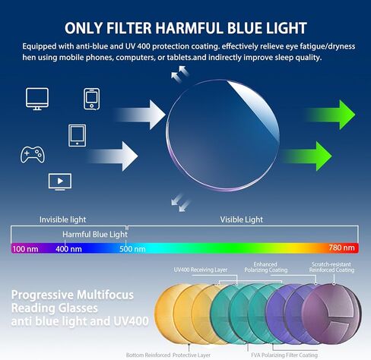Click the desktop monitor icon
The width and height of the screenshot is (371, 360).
click(37, 99)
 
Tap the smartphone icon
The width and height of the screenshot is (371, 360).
click(91, 99)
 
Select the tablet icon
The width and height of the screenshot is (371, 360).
click(77, 135)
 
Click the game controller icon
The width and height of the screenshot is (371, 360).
click(33, 154)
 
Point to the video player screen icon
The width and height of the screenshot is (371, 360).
click(60, 182)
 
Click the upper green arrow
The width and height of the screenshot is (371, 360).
click(331, 115)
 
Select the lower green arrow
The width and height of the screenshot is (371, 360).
click(306, 156)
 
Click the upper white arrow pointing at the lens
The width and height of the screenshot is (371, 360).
click(139, 115)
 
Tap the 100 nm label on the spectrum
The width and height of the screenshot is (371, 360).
click(25, 249)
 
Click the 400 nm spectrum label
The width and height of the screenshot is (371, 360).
click(68, 249)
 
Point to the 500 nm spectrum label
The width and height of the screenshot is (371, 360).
click(132, 249)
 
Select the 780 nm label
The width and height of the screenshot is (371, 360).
click(341, 248)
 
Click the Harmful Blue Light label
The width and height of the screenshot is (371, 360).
click(95, 235)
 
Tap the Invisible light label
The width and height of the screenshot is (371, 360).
click(62, 219)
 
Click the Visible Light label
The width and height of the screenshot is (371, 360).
click(241, 219)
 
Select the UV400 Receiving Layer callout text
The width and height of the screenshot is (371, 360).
click(201, 270)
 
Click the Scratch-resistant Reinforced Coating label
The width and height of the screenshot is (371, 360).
click(331, 267)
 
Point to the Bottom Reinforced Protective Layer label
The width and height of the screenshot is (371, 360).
click(168, 355)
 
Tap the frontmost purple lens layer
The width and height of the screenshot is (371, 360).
click(332, 314)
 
